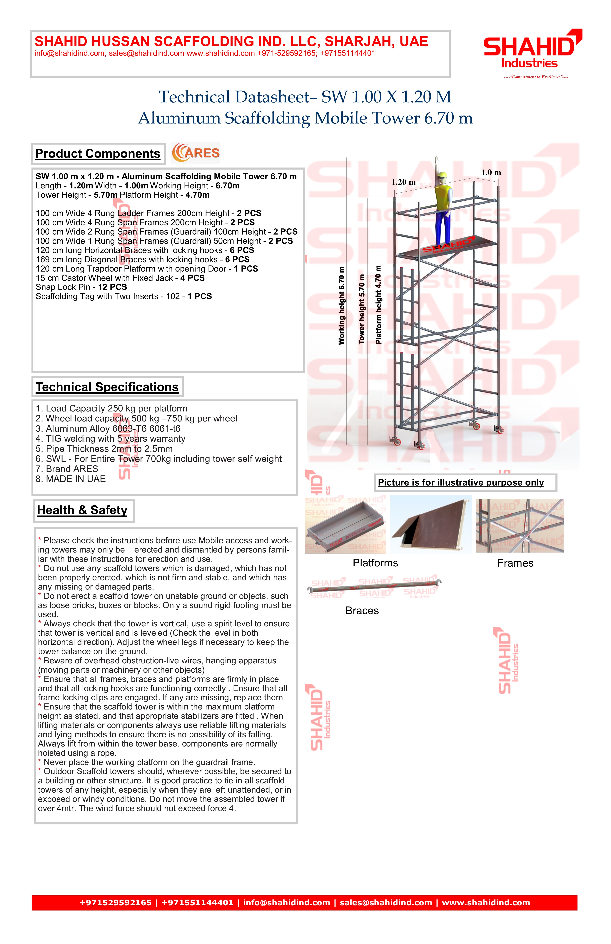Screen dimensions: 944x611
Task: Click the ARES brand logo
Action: tap(196, 153)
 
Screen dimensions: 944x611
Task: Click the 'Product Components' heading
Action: tap(98, 153)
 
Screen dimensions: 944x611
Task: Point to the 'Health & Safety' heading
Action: tap(83, 510)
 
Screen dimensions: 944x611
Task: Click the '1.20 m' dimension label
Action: tap(403, 182)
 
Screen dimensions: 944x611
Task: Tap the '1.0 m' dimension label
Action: tap(491, 173)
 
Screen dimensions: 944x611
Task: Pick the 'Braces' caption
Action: tap(362, 610)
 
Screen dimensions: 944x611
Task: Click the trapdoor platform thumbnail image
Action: tap(431, 524)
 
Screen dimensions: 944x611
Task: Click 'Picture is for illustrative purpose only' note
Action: tap(461, 482)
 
